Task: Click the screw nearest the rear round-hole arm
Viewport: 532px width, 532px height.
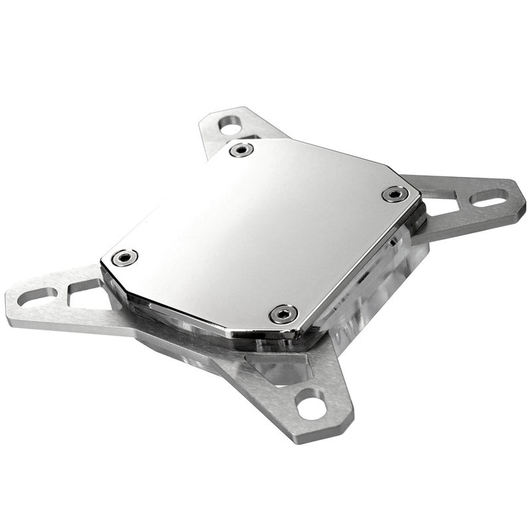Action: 241,150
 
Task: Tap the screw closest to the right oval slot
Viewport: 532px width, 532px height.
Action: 395,194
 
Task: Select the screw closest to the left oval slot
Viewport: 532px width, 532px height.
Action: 125,257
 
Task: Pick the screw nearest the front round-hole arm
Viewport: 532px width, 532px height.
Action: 284,314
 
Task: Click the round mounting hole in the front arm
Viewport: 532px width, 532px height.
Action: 311,404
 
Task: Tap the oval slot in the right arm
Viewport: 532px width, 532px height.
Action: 489,198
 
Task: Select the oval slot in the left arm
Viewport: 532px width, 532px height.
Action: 36,295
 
